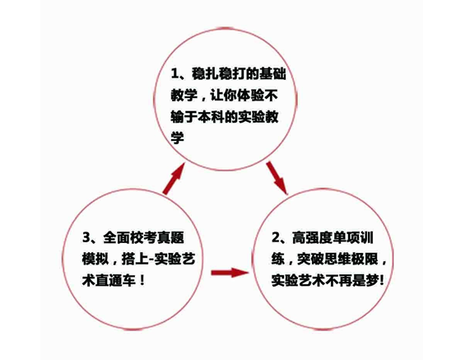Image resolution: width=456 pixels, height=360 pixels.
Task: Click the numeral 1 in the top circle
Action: coord(174,74)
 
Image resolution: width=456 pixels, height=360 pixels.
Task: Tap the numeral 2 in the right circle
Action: coord(276,238)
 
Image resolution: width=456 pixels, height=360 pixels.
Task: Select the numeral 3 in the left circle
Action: coord(86,237)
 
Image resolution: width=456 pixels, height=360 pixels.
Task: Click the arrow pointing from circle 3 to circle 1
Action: coord(174,179)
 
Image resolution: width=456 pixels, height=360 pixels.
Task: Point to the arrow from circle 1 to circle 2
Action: coord(277,177)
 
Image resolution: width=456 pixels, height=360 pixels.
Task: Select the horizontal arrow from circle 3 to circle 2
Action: coord(230,273)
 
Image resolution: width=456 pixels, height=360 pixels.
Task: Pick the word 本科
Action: coord(212,117)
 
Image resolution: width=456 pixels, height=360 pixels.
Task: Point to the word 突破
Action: coord(310,259)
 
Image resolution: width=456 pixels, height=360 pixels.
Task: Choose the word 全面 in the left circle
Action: coord(117,237)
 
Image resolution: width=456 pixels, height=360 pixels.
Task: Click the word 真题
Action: coord(171,237)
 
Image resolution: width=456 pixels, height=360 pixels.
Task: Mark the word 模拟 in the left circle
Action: coord(95,259)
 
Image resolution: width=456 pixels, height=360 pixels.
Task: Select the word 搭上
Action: coord(135,259)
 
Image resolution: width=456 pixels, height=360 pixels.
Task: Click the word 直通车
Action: coord(115,280)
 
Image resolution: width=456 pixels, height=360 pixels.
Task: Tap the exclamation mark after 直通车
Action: coord(142,280)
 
